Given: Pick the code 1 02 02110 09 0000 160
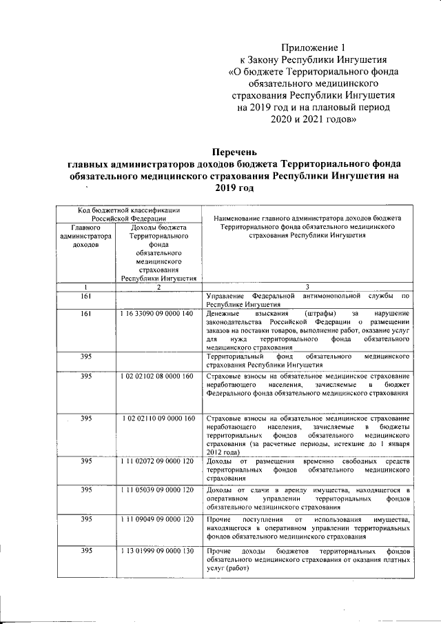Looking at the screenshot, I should tap(158, 419).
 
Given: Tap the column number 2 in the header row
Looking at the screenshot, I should tap(158, 287).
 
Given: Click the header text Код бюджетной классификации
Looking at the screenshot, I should tap(129, 210).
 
